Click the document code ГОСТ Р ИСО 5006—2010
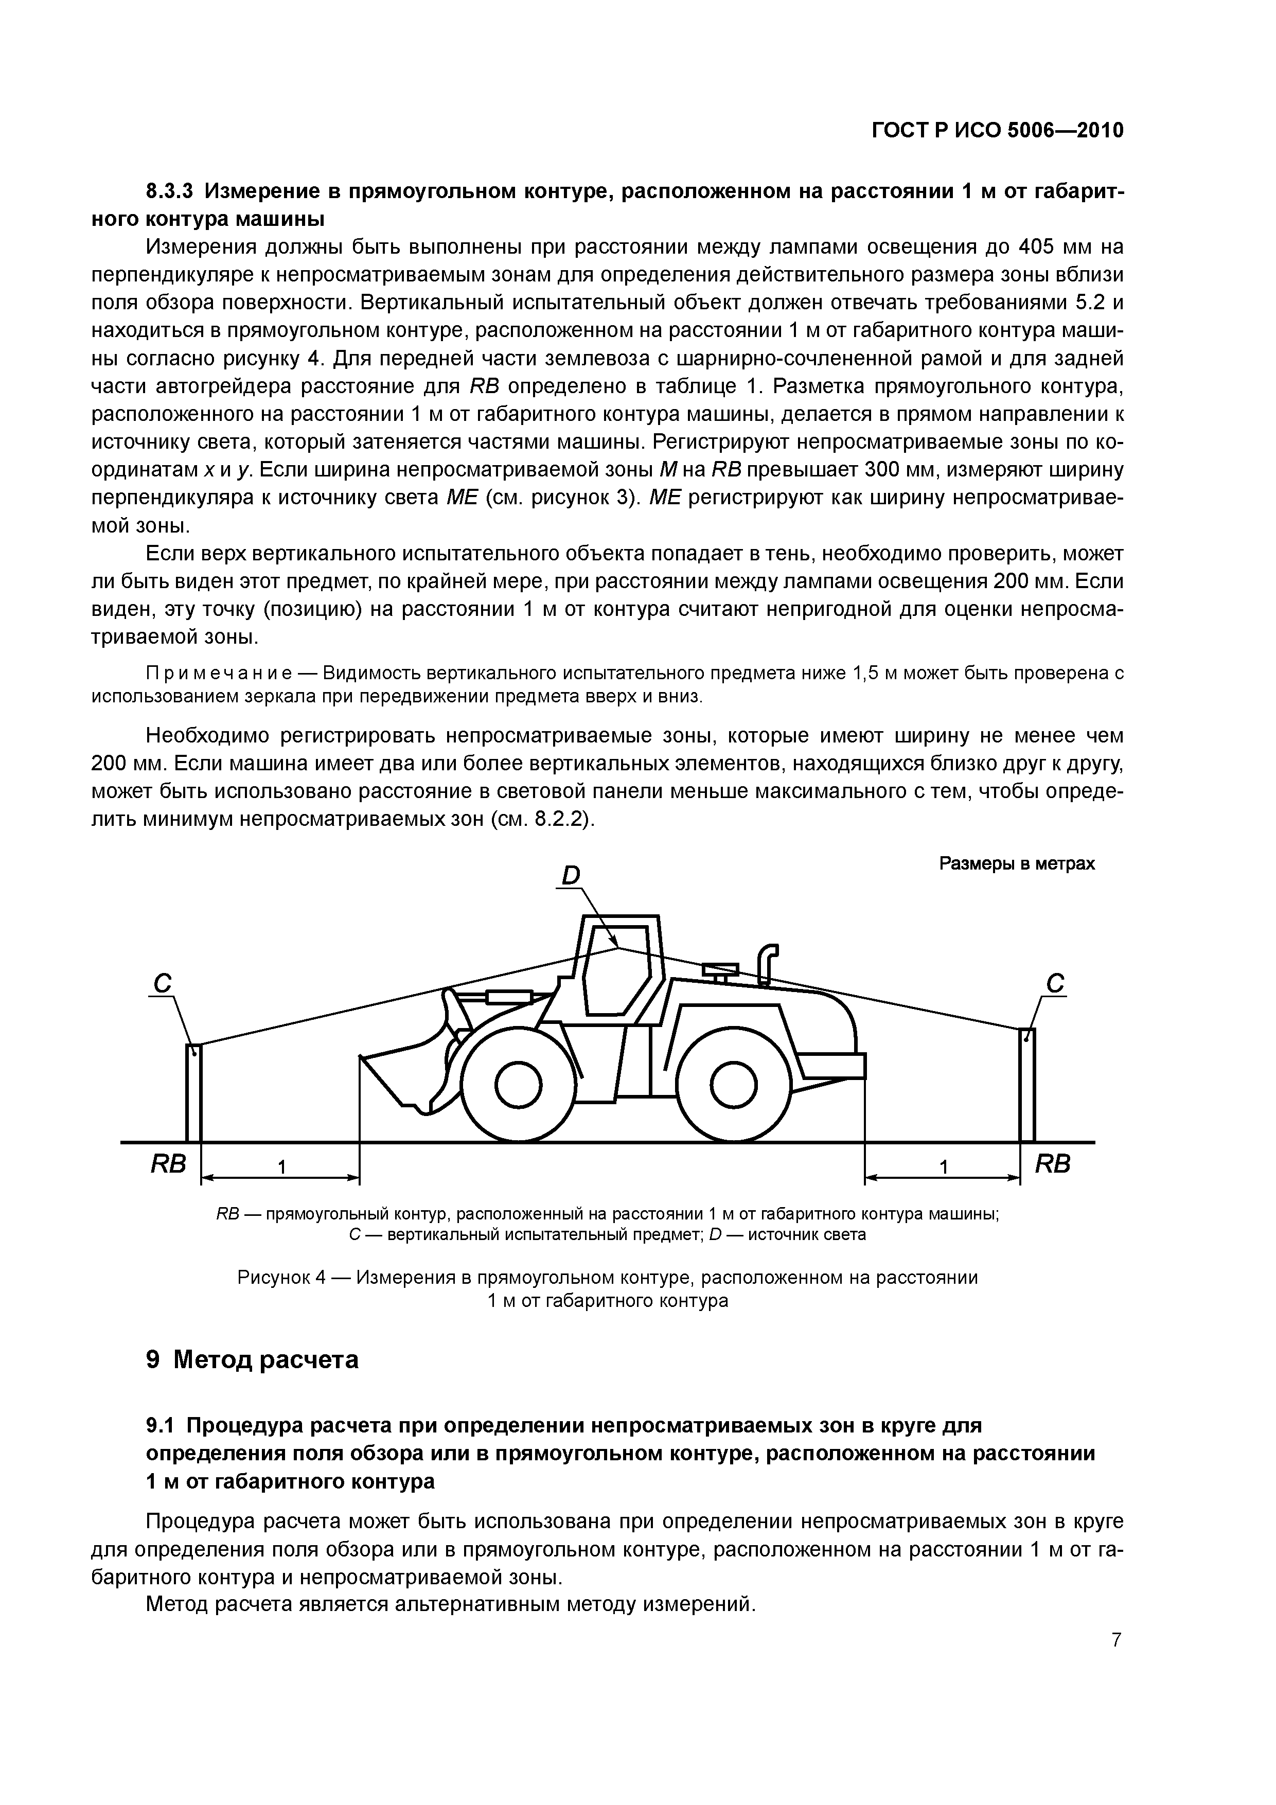click(997, 131)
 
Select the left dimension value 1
click(281, 1168)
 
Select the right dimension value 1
click(944, 1168)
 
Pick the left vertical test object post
click(193, 1093)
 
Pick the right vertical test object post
click(1027, 1085)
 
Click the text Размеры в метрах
click(1017, 864)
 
